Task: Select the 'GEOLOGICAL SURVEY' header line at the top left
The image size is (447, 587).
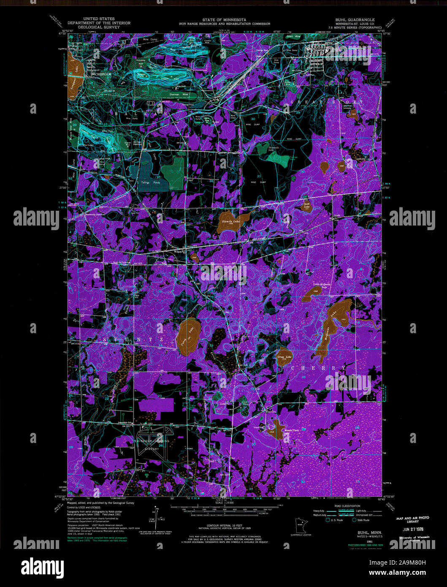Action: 99,27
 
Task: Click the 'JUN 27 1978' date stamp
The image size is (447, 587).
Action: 412,529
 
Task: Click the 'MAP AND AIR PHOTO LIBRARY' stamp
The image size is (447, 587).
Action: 412,520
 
